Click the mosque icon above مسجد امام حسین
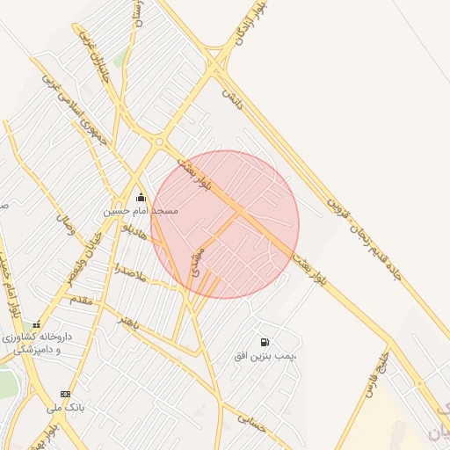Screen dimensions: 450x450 (142, 198)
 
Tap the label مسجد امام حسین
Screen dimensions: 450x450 (141, 211)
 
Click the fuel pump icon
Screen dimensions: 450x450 (265, 342)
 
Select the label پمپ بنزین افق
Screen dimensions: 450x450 (265, 356)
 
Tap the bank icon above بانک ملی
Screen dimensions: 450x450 (65, 394)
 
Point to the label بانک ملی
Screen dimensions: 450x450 (64, 408)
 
